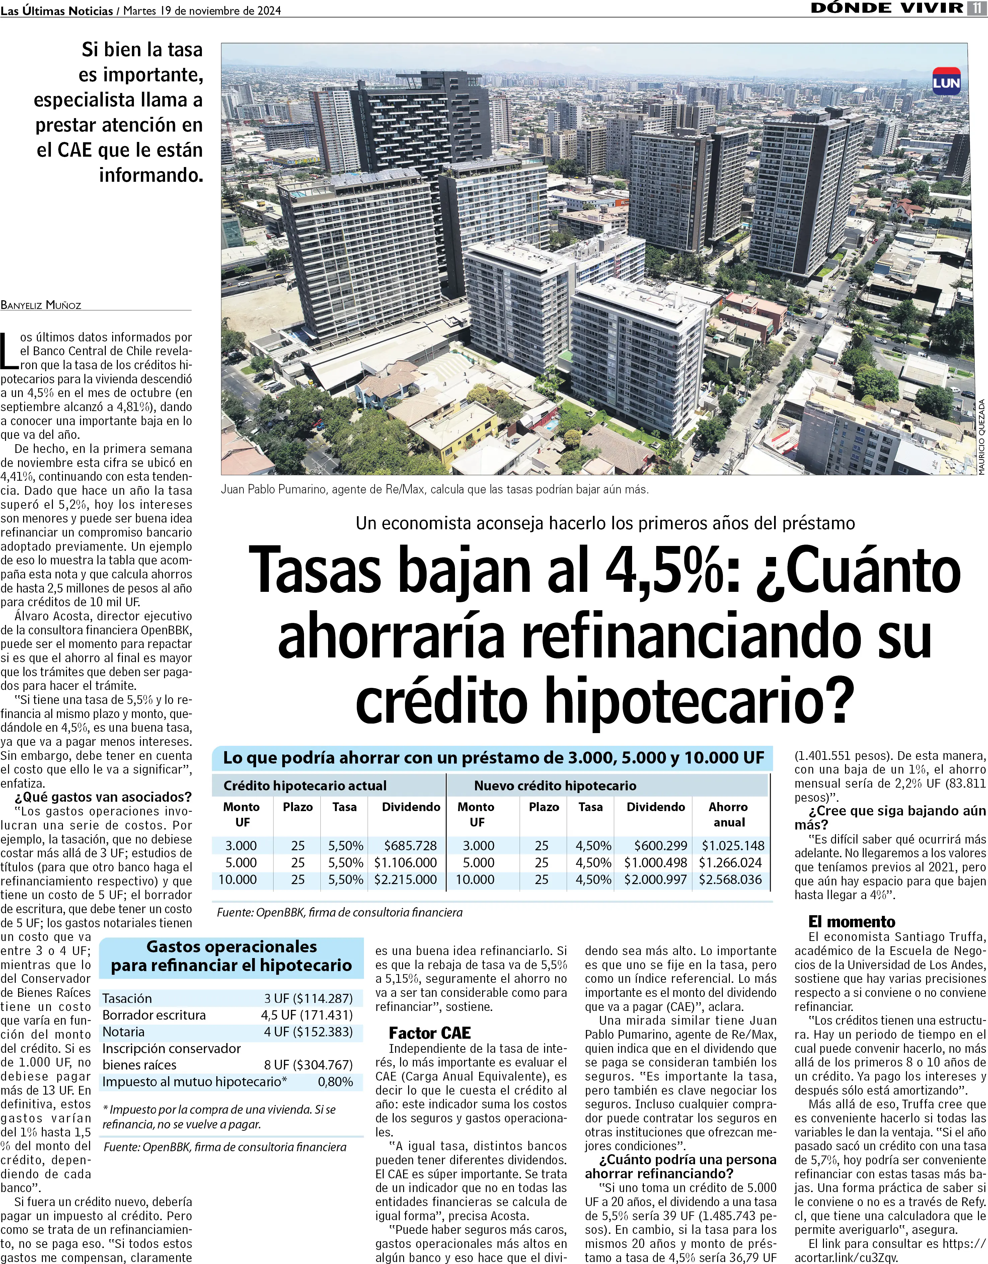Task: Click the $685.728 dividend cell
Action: coord(410,846)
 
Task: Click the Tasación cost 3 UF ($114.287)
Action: coord(308,998)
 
